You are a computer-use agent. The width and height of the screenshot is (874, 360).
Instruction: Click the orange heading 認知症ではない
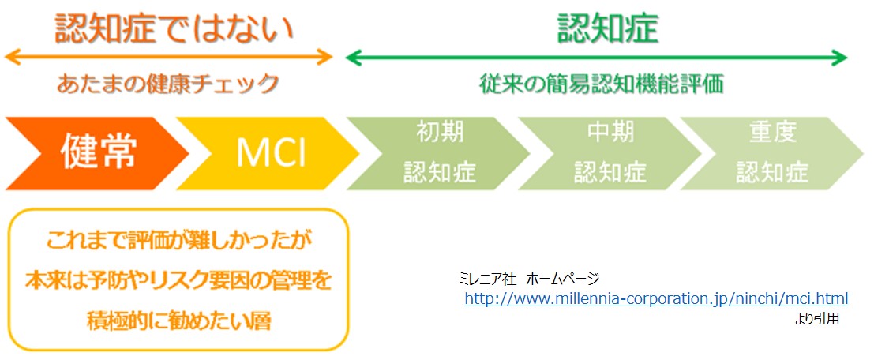(174, 29)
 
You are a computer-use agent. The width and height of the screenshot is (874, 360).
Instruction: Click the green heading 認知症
(608, 29)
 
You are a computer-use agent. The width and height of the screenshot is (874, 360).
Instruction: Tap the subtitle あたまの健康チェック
(167, 84)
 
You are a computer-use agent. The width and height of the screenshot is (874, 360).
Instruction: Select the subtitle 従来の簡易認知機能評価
(602, 84)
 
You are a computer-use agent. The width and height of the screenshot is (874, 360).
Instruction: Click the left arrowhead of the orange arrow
(9, 56)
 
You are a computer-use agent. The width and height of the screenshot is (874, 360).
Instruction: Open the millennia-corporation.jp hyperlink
(656, 298)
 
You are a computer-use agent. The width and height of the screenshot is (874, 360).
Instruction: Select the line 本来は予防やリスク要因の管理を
(178, 281)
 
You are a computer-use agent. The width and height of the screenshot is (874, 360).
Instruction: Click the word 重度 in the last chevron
(773, 133)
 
